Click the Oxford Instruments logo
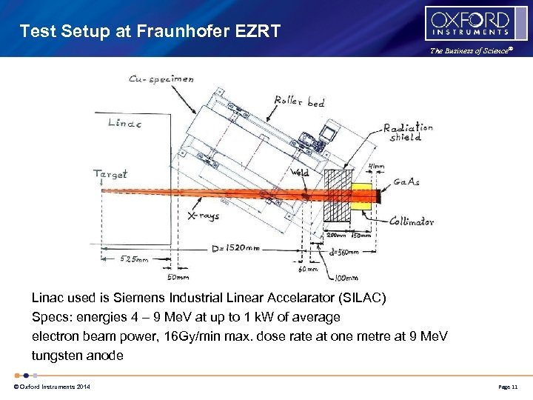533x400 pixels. point(468,24)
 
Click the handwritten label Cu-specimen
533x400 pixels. point(161,79)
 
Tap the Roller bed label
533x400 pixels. point(298,101)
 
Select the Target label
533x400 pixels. point(110,174)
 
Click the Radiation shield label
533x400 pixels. point(408,132)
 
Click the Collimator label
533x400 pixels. point(411,221)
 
